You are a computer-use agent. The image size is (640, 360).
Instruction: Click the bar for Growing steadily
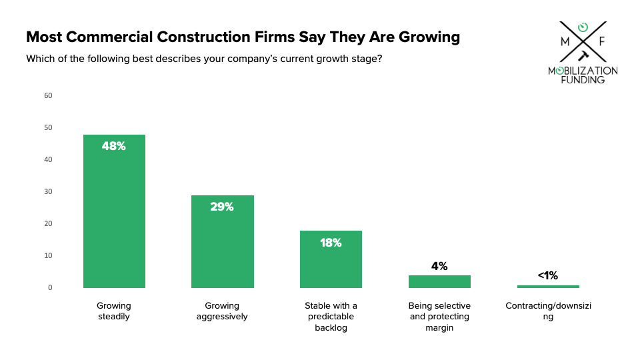[x=114, y=211]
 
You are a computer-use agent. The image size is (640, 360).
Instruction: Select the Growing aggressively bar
[x=223, y=241]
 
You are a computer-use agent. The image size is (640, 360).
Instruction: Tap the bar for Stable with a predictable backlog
[x=331, y=259]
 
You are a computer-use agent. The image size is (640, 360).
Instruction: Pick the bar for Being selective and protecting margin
[x=439, y=281]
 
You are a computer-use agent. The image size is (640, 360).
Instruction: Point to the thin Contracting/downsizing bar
[x=548, y=287]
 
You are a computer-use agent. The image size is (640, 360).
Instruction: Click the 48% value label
[x=114, y=146]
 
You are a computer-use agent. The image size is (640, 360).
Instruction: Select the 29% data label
[x=222, y=207]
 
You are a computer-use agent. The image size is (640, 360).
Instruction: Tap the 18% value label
[x=331, y=243]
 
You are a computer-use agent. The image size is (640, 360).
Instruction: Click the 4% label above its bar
[x=439, y=266]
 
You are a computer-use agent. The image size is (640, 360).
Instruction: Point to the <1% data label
[x=548, y=275]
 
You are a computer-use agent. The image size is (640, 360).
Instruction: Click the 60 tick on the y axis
[x=48, y=95]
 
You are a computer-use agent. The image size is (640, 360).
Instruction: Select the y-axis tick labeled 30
[x=48, y=191]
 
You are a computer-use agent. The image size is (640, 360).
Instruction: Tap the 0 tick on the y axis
[x=50, y=287]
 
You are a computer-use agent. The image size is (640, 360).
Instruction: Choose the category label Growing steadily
[x=114, y=311]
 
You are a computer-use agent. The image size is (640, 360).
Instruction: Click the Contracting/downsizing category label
[x=548, y=311]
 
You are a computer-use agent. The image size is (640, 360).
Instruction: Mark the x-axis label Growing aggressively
[x=222, y=311]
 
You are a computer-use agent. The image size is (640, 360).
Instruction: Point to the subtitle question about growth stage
[x=204, y=59]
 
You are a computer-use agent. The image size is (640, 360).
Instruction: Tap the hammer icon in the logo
[x=584, y=55]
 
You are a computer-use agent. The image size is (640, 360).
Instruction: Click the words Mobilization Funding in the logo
[x=583, y=75]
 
